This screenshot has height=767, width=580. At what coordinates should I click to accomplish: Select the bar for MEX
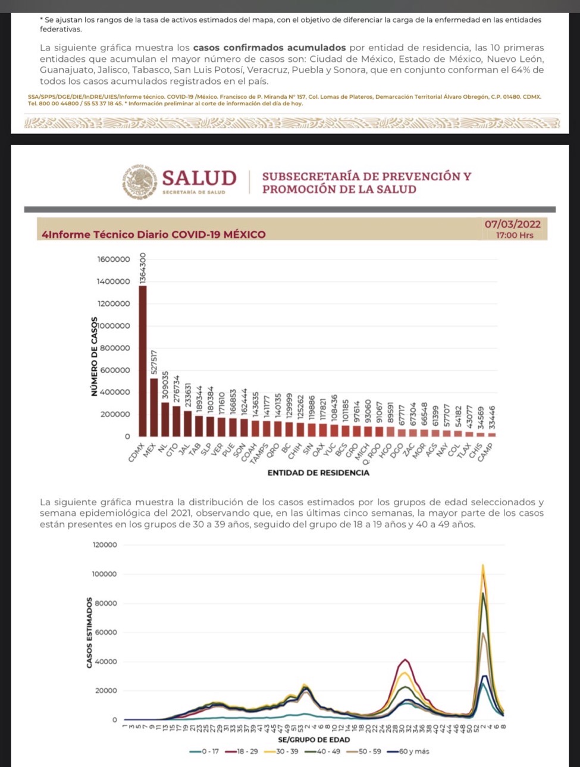coord(154,407)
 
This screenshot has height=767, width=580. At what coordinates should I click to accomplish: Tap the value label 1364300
coord(143,268)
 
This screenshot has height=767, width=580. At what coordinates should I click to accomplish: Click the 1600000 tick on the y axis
coord(113,259)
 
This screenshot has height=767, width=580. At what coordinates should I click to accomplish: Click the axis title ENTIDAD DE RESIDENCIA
coord(318,473)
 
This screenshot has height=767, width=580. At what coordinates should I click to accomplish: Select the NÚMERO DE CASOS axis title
coord(93,356)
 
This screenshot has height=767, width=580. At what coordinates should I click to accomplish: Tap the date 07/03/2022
coord(512,224)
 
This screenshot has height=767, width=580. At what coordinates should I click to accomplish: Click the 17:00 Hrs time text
coord(515,235)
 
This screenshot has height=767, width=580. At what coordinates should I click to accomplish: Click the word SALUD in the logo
coord(199,178)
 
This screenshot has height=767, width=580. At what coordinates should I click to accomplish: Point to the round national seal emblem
coord(140,181)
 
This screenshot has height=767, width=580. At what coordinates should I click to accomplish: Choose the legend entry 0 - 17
coord(205,752)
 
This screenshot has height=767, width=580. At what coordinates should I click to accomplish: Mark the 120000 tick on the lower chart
coord(105,545)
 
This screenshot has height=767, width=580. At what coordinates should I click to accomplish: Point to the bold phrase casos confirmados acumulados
coord(269,48)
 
